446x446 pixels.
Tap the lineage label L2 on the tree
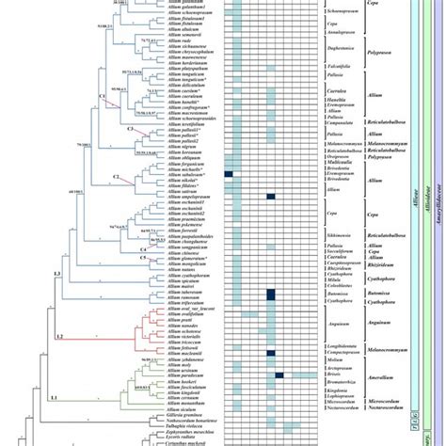[x=59, y=336]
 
